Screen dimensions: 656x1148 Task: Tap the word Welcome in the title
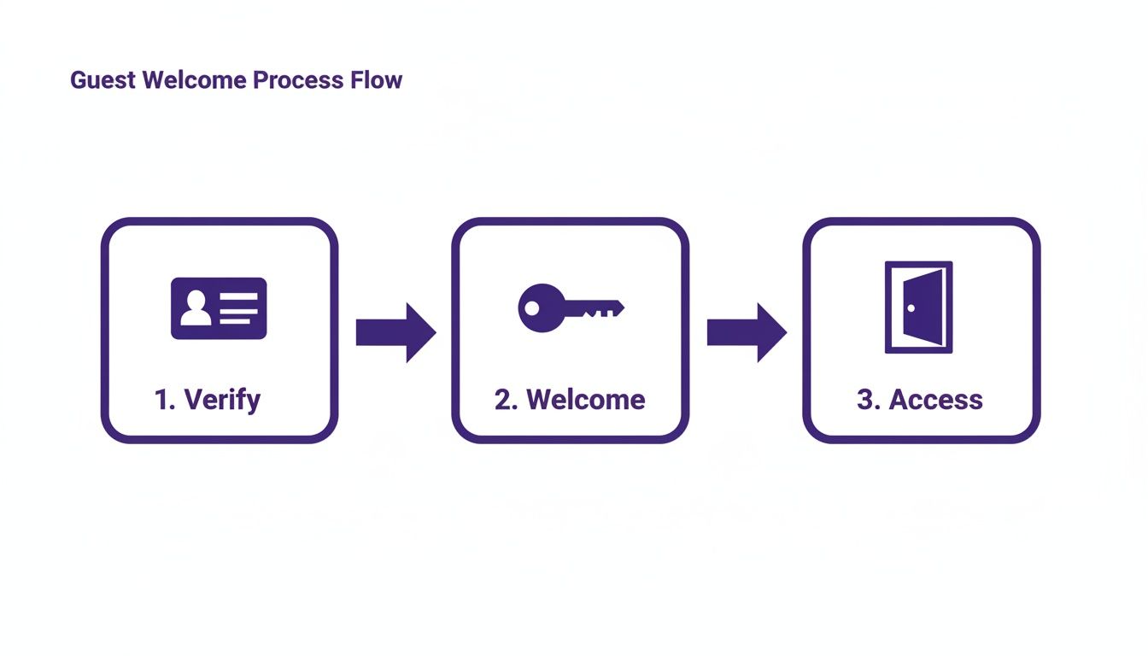tap(196, 80)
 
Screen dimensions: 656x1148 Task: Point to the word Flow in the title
tap(377, 80)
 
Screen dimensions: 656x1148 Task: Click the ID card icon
tap(219, 308)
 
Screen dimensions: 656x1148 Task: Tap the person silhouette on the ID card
tap(196, 308)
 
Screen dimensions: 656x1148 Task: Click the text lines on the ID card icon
tap(239, 308)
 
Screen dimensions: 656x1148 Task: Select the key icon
tap(571, 308)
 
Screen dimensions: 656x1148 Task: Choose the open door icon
tap(918, 307)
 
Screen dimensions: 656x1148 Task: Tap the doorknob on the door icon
tap(911, 308)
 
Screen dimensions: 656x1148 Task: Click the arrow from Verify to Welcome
tap(395, 331)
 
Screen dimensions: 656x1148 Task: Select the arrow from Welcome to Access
tap(747, 331)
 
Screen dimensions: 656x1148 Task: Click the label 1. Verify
tap(208, 400)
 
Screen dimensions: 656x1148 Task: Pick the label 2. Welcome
tap(570, 400)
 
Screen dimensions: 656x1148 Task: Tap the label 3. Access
tap(920, 400)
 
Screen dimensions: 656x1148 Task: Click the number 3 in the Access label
tap(864, 400)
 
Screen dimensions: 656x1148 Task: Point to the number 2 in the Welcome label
tap(502, 400)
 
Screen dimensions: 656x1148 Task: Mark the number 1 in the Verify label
tap(161, 400)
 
